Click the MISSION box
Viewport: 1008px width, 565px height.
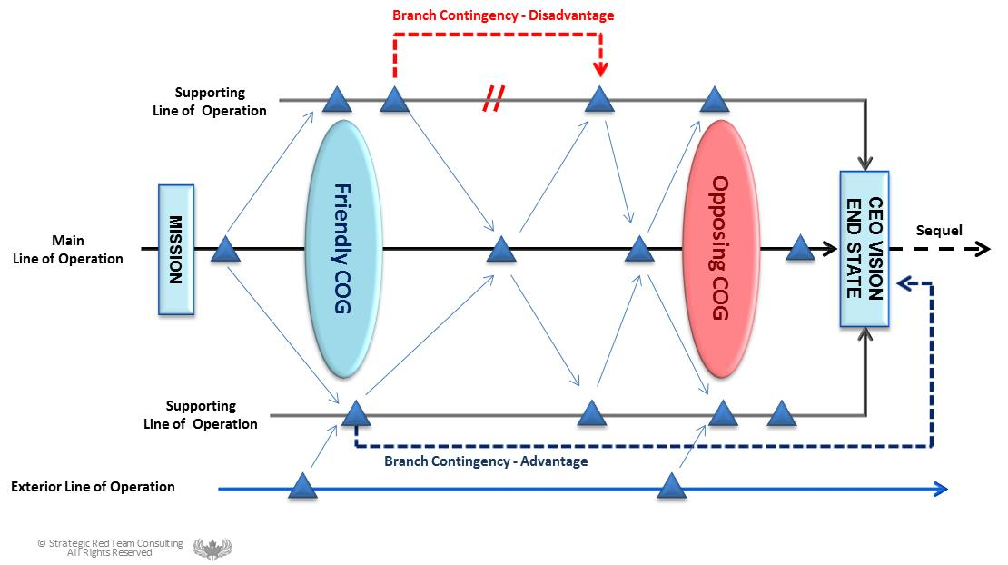(176, 249)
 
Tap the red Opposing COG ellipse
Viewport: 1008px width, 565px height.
(720, 249)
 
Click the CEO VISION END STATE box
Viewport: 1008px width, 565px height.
(865, 248)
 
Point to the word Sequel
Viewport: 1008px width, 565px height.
(939, 231)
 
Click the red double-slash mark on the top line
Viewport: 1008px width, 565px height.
(492, 100)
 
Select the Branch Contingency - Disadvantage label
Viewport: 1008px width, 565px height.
(503, 15)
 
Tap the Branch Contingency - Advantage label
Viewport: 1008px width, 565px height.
(486, 461)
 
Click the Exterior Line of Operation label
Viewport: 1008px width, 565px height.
(93, 487)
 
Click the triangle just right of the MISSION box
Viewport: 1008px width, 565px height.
(224, 250)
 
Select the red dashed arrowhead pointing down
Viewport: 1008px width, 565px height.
(599, 68)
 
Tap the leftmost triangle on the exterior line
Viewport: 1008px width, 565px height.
(302, 487)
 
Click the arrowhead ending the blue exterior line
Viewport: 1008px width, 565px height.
(941, 490)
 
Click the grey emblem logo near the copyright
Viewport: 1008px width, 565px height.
(212, 549)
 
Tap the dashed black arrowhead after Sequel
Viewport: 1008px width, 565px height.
(982, 249)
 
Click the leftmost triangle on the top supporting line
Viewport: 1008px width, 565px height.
(337, 99)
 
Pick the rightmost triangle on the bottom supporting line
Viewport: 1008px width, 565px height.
(781, 415)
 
